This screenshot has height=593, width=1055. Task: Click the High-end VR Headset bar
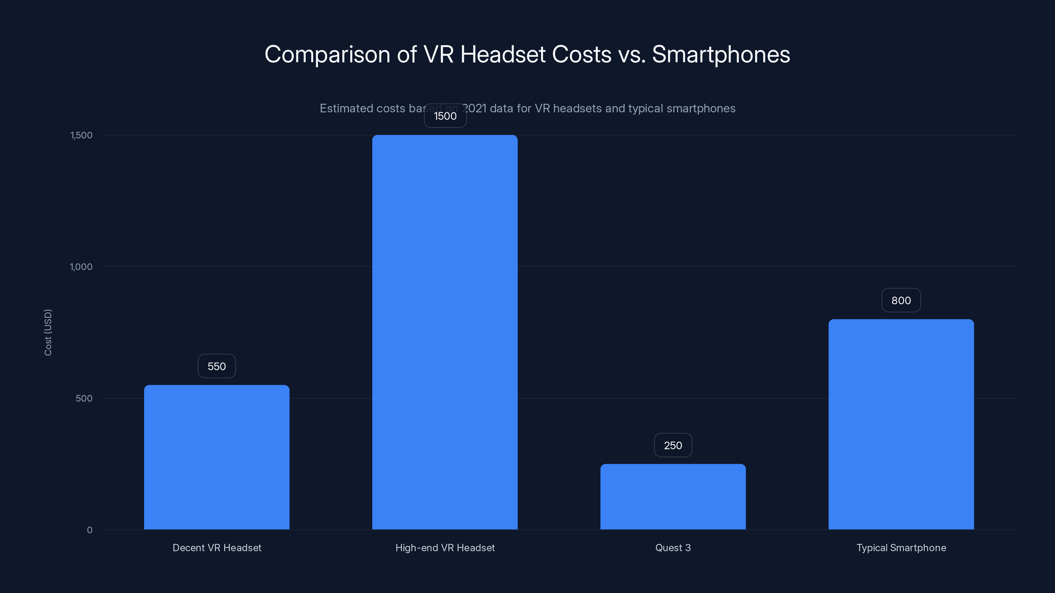coord(445,332)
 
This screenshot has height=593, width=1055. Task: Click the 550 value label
coord(217,366)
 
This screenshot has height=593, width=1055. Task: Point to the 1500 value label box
coord(445,116)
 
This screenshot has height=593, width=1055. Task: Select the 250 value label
coord(673,445)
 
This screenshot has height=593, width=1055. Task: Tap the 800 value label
coord(901,300)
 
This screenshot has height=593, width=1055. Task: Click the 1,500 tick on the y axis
coord(81,135)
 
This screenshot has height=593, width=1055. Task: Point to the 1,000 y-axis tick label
coord(81,267)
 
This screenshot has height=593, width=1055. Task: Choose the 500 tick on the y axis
coord(84,398)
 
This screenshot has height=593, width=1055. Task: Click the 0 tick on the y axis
coord(90,530)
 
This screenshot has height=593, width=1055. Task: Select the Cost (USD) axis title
coord(48,332)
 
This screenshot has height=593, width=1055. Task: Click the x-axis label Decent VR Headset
coord(217,548)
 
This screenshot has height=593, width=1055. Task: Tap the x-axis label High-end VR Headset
coord(445,548)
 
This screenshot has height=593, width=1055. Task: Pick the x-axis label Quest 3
coord(673,548)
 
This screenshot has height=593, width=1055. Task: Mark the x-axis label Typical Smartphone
coord(901,548)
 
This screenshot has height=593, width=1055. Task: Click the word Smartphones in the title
coord(721,54)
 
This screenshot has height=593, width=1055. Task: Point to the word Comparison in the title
coord(327,54)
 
